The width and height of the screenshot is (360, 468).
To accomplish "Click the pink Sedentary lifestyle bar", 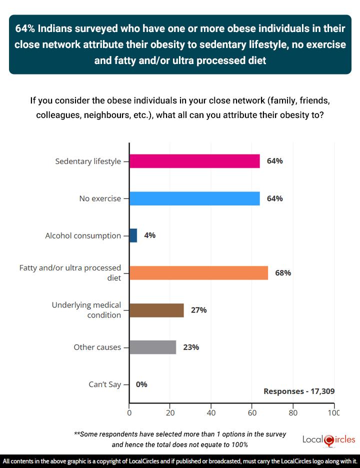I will click(194, 161).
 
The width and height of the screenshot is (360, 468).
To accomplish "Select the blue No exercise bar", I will click(194, 198).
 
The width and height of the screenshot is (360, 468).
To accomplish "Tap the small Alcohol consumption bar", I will click(133, 235).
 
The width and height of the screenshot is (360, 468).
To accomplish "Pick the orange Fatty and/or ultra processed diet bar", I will click(198, 273).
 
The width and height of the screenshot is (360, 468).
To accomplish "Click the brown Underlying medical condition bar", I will click(156, 310).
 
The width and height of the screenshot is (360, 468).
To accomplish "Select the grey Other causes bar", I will click(152, 347).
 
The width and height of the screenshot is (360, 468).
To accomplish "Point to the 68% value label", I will click(282, 273).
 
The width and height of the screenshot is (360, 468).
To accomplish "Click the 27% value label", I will click(198, 310).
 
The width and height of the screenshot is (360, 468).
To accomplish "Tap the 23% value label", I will click(190, 347).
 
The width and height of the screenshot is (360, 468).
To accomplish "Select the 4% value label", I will click(149, 235).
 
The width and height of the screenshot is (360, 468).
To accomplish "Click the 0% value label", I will click(141, 384).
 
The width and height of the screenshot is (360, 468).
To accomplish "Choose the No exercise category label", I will click(100, 198).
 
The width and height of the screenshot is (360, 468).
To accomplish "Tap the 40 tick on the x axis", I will click(211, 413).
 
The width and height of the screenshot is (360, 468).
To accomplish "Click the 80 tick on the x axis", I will click(293, 413).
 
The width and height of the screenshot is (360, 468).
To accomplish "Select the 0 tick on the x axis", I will click(129, 413).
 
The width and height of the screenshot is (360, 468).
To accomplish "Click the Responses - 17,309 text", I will click(299, 391).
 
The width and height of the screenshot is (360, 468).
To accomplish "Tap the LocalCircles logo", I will click(329, 439).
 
